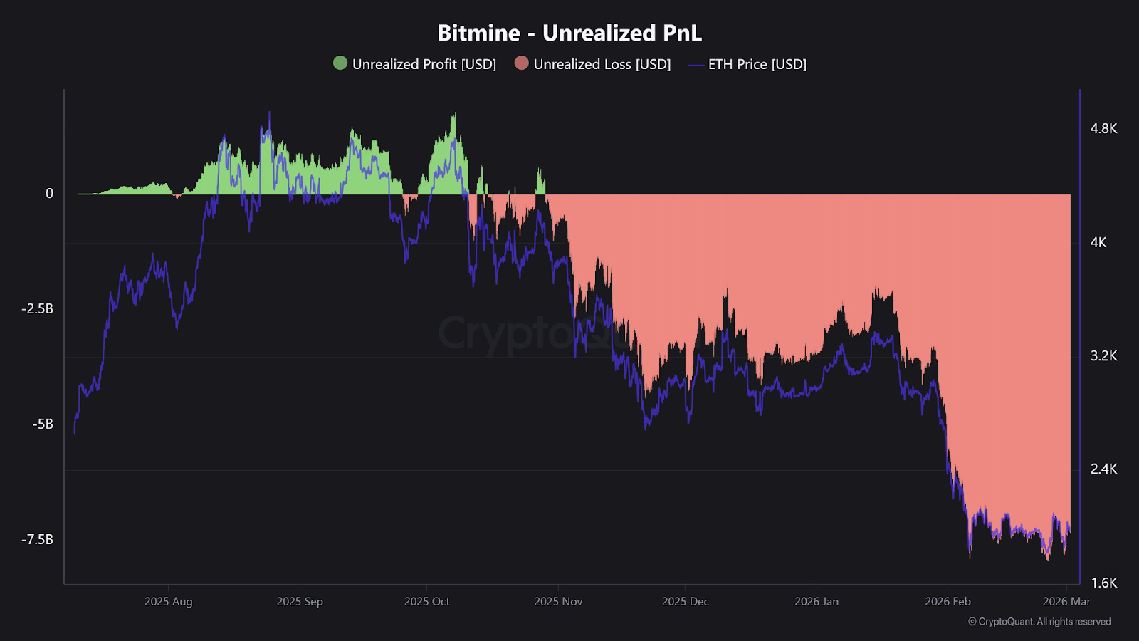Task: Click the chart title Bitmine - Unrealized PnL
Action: point(569,33)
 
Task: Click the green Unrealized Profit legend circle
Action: point(340,63)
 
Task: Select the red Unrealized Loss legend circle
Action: point(522,63)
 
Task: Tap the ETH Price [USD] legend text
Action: point(757,64)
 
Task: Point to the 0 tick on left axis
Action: point(49,193)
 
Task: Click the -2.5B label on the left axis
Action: point(38,308)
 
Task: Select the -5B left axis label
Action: point(43,424)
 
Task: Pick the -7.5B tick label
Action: point(38,539)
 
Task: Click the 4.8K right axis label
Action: point(1103,128)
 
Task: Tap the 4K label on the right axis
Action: point(1098,242)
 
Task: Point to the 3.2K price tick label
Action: point(1103,355)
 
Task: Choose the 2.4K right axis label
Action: point(1103,469)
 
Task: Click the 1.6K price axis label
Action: point(1103,583)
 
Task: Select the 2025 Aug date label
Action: point(169,601)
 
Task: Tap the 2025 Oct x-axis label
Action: point(427,601)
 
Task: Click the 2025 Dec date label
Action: point(685,601)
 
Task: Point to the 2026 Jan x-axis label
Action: point(817,601)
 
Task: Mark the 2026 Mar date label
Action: point(1066,601)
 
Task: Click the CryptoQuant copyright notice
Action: point(1039,622)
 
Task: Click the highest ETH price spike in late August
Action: point(269,113)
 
